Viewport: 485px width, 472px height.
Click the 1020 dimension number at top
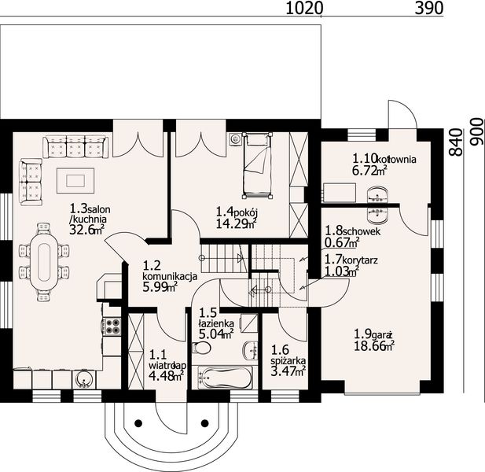tap(304, 9)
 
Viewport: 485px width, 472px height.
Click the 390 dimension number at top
tap(428, 9)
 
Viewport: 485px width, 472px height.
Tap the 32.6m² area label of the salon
tap(86, 230)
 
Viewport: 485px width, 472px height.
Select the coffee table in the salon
tap(75, 179)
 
